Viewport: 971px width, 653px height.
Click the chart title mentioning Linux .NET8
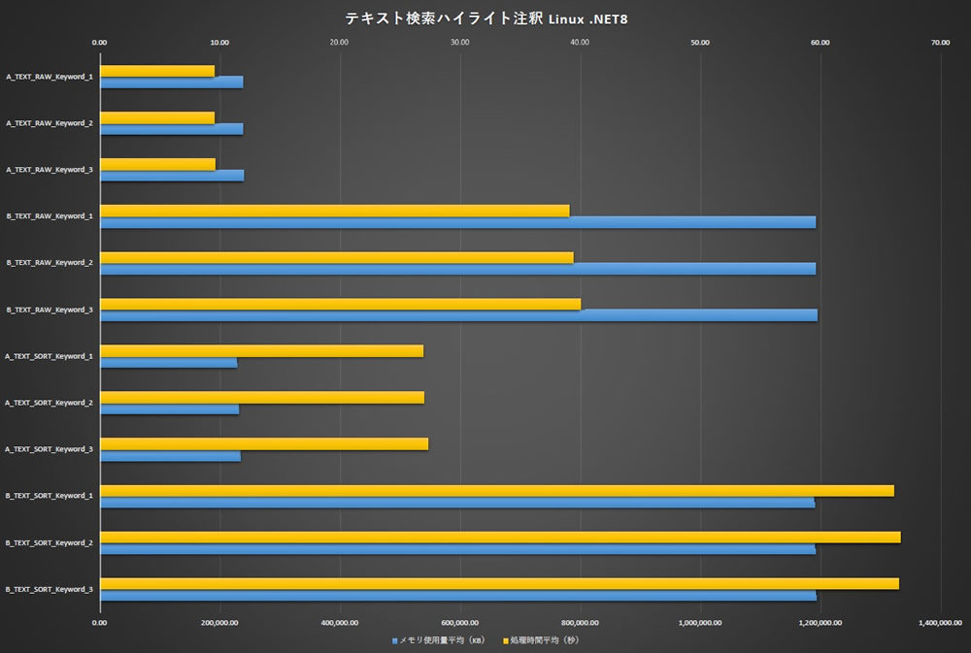coord(485,18)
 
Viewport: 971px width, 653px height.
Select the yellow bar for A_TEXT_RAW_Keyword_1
coord(157,71)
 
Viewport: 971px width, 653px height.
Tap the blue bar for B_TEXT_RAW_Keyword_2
coord(456,269)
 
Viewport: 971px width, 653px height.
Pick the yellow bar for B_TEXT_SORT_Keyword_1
coord(496,491)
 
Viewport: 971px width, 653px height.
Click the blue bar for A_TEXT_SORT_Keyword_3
coord(170,455)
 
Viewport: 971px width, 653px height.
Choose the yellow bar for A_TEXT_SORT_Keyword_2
coord(261,397)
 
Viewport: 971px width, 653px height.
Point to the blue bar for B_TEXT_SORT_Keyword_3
coord(457,595)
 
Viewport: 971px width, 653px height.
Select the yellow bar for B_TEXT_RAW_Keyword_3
coord(340,304)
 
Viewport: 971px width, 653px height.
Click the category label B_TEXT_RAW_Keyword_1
coord(50,216)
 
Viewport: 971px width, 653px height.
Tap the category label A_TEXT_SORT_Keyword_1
coord(50,356)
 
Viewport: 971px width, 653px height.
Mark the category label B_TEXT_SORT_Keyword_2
coord(50,542)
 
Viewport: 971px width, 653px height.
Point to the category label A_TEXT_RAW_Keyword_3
coord(50,170)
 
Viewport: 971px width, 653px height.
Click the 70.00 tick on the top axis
coord(940,42)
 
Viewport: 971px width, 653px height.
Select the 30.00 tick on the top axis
coord(460,42)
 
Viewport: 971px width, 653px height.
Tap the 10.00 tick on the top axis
coord(219,42)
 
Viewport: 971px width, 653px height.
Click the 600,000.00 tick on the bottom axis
coord(460,622)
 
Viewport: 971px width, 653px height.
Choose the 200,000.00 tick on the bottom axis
coord(219,622)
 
